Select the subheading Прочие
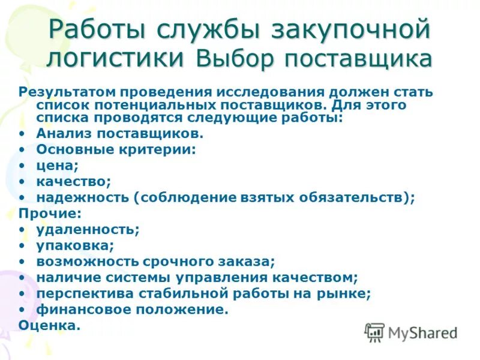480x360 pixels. [50, 213]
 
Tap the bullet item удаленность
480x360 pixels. [88, 229]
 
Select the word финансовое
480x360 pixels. [80, 310]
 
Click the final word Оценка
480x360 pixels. [49, 326]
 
